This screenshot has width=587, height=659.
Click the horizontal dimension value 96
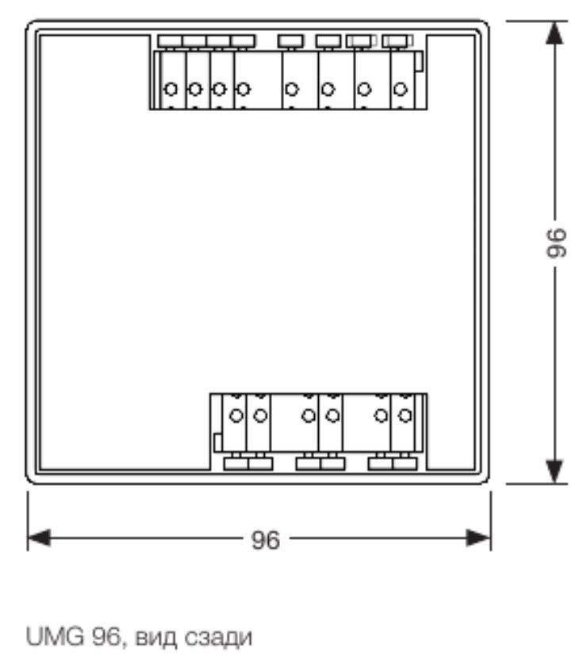point(265,540)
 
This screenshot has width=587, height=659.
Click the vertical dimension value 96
point(556,243)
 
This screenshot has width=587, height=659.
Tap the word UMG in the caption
point(55,637)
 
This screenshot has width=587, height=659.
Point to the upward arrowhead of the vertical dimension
point(554,33)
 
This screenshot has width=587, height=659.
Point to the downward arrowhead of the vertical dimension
point(554,472)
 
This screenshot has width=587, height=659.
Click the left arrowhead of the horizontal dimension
point(39,538)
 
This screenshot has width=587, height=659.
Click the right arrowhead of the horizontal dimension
point(478,538)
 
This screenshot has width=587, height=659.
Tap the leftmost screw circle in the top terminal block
point(171,89)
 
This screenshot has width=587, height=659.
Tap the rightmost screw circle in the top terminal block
point(401,89)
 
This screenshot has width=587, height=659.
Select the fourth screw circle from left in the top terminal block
point(243,89)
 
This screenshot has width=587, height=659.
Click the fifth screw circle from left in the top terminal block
point(292,89)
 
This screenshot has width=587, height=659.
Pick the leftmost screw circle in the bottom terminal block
point(236,416)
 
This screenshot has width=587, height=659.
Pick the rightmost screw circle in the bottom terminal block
point(405,416)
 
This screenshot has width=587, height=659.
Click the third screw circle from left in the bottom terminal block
point(309,416)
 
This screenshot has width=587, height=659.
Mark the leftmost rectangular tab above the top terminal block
point(171,41)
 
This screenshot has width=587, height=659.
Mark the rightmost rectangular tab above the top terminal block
point(397,41)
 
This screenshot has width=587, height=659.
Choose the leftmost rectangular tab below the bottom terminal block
point(236,464)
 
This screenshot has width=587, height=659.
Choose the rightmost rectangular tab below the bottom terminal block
point(405,464)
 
